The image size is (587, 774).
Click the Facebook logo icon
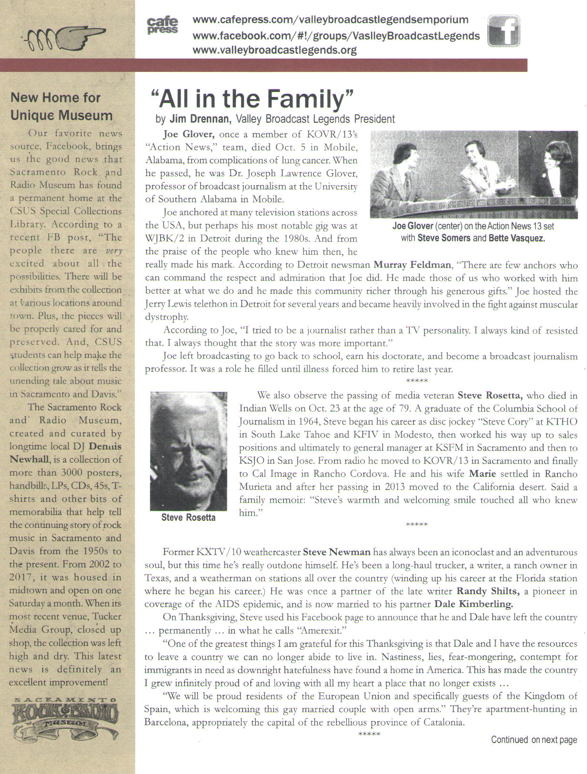click(x=503, y=30)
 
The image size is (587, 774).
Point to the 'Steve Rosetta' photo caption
click(x=188, y=517)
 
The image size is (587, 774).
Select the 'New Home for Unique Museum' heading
click(x=61, y=107)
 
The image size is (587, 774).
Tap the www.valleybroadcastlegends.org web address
click(x=274, y=50)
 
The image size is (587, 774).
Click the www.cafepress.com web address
click(x=330, y=20)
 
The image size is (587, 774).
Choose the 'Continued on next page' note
click(x=534, y=740)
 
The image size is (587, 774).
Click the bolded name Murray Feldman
click(x=412, y=265)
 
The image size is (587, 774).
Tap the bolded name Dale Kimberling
click(x=474, y=605)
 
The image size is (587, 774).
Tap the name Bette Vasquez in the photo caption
click(x=516, y=238)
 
